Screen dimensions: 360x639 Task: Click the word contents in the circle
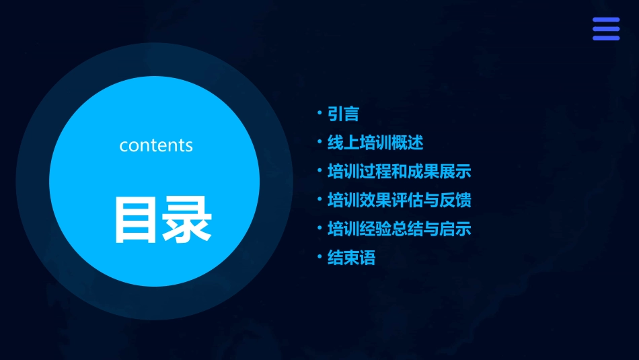pos(156,145)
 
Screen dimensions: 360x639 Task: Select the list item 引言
pos(343,114)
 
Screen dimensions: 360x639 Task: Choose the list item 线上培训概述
pos(375,143)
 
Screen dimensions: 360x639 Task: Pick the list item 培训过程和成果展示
pos(399,172)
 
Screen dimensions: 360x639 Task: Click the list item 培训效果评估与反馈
pos(399,200)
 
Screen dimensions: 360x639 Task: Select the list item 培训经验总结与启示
pos(399,229)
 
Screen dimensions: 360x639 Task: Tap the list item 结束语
pos(351,258)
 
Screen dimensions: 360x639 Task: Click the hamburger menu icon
pos(605,29)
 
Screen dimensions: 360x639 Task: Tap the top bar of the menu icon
pos(605,20)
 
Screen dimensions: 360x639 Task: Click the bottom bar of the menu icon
pos(605,38)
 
